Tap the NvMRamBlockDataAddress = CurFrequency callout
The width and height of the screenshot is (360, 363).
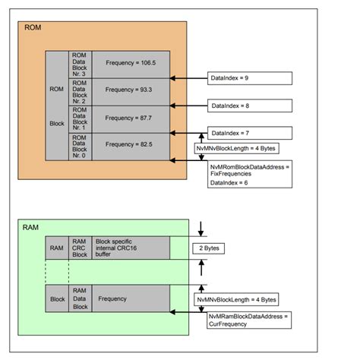(248, 320)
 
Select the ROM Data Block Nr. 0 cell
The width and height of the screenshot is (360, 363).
(81, 145)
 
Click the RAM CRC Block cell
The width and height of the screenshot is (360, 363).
(80, 248)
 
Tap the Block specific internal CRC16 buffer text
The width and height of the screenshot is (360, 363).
(122, 247)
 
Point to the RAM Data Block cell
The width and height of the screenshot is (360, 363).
(80, 299)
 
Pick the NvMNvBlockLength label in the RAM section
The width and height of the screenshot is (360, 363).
(236, 299)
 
